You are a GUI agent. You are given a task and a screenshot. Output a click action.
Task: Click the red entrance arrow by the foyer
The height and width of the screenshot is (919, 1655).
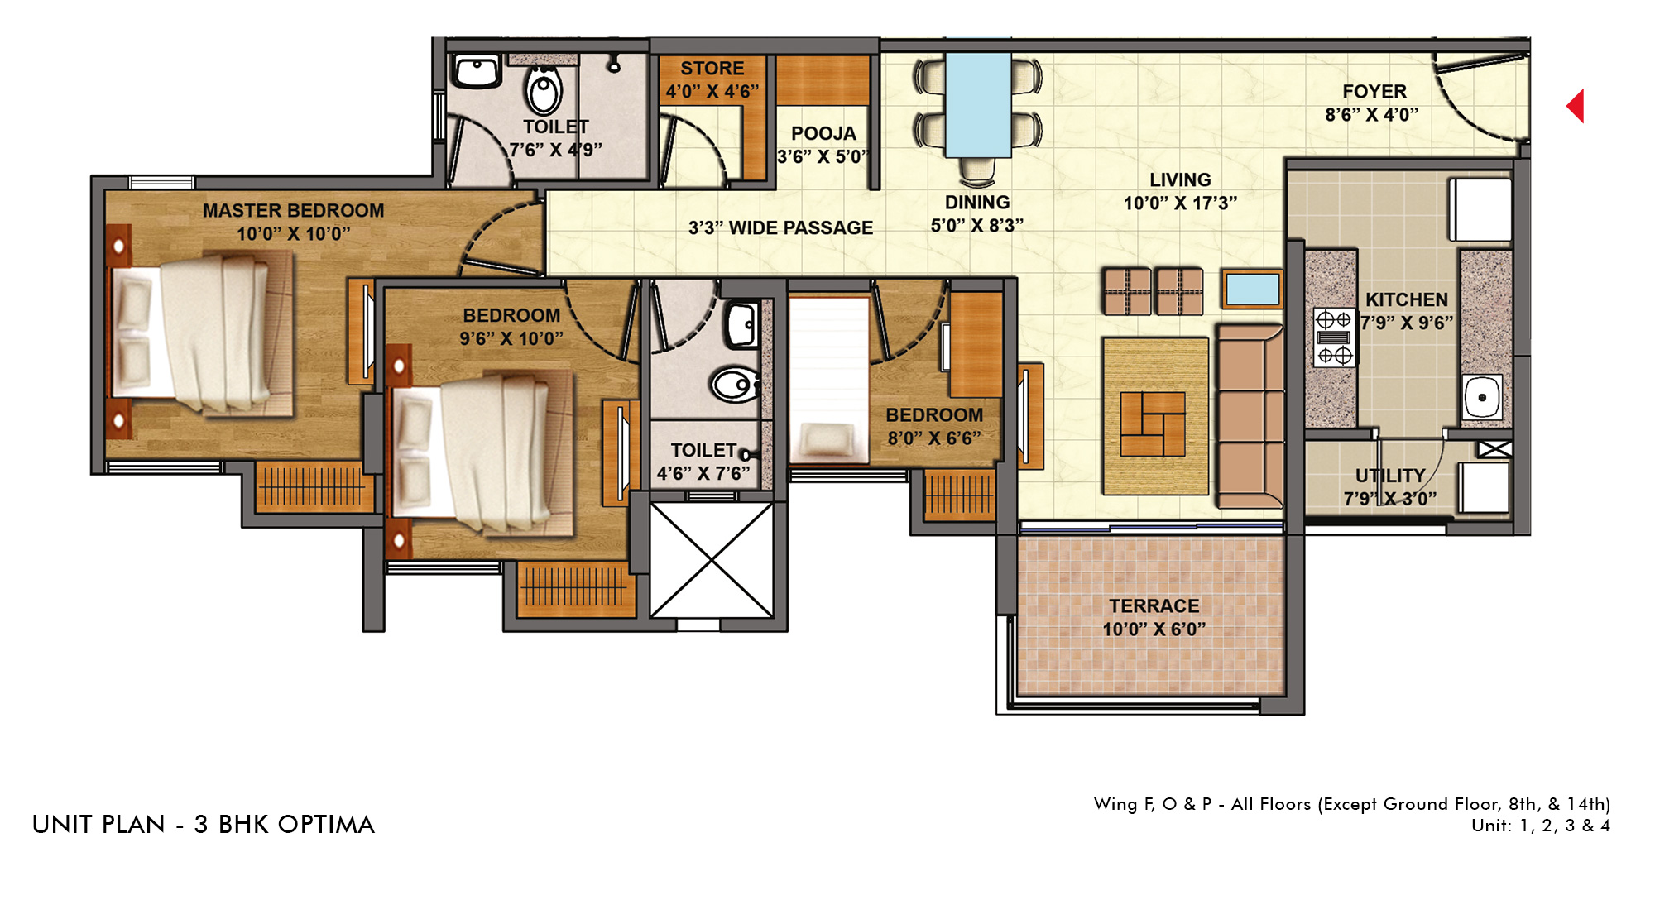(x=1576, y=106)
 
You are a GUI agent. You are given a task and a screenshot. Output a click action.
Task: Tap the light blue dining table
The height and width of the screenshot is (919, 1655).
(x=978, y=105)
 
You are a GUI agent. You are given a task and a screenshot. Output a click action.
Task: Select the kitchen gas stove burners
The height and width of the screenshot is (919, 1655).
(x=1334, y=337)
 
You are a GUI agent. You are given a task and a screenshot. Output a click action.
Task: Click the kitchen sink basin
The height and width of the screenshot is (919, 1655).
(x=1482, y=397)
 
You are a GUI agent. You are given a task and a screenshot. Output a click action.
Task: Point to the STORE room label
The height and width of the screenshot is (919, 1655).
(x=712, y=69)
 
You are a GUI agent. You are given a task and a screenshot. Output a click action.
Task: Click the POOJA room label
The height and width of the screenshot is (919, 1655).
(x=823, y=133)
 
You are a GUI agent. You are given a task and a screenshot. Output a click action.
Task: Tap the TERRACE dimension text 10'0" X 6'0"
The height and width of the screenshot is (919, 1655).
(x=1154, y=629)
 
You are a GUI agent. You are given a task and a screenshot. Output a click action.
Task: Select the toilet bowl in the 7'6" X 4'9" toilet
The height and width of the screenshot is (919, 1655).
(x=544, y=89)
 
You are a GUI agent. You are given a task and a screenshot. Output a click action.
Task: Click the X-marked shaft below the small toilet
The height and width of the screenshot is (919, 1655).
(x=712, y=560)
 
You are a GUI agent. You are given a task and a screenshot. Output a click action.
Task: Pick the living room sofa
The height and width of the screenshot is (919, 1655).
(x=1250, y=416)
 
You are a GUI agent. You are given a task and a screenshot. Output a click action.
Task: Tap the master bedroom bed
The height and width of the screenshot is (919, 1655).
(x=202, y=333)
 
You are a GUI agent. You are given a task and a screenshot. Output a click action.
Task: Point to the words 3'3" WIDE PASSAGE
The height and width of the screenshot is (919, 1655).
(x=780, y=227)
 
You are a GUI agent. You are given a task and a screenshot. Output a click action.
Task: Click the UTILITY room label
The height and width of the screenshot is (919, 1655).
(x=1390, y=476)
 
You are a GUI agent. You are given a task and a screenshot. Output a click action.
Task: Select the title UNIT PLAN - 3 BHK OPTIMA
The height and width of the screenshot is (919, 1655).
(x=204, y=825)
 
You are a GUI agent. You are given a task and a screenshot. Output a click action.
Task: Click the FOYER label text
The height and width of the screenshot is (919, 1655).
(x=1374, y=92)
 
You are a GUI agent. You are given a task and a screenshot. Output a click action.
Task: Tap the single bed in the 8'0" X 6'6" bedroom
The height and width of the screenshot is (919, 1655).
(x=828, y=380)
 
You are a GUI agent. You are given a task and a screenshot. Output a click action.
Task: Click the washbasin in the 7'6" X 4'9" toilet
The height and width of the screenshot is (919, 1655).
(x=476, y=71)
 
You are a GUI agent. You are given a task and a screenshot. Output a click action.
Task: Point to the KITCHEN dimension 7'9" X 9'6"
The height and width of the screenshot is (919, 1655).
(x=1407, y=323)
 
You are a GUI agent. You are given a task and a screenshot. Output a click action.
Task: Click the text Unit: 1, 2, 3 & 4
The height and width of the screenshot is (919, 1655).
(x=1541, y=826)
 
